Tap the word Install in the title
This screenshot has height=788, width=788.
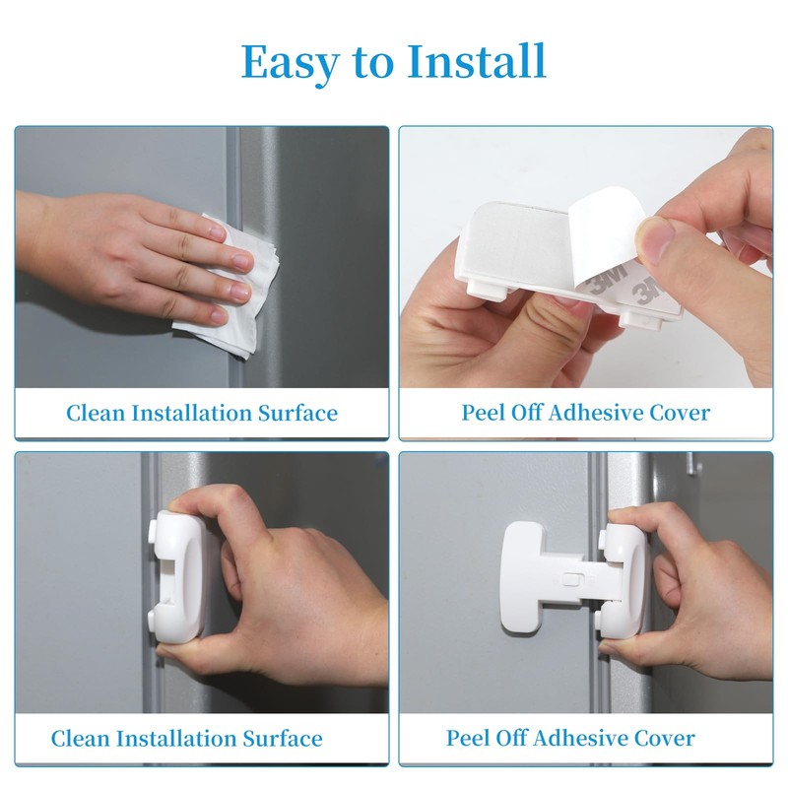(x=478, y=62)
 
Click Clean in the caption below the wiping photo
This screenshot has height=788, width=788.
(x=97, y=413)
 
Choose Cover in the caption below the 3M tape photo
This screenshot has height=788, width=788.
(x=679, y=413)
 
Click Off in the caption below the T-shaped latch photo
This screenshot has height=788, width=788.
(x=518, y=738)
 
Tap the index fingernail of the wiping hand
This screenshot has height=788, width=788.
(x=219, y=232)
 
